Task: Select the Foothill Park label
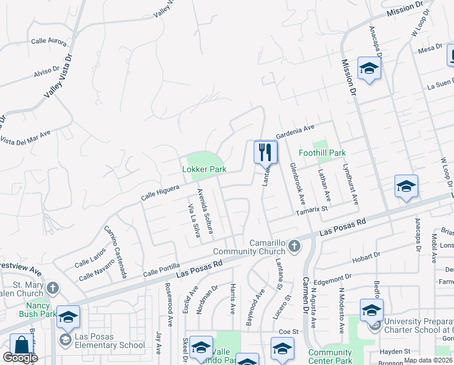pos(322,153)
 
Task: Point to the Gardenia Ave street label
pos(296,131)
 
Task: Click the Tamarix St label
pos(311,210)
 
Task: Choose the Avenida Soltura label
pos(205,208)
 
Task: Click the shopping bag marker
pos(20,346)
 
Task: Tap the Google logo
pos(20,358)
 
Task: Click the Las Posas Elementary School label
pos(109,346)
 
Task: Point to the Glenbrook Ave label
pos(297,184)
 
